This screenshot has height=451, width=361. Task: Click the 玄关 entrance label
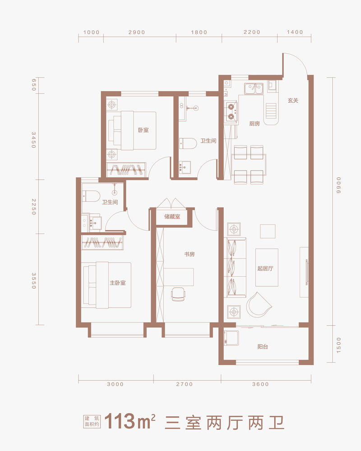(293, 101)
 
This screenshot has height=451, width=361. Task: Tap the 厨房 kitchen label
(255, 124)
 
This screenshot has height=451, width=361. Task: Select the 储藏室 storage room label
(172, 216)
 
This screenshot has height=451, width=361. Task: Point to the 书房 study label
(190, 254)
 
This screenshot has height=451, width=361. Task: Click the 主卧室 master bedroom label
(117, 283)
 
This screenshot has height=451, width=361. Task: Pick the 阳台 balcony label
(263, 346)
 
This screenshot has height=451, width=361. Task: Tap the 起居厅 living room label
(265, 268)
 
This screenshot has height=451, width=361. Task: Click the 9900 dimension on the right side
(338, 185)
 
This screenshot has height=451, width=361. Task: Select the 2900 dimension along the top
(137, 32)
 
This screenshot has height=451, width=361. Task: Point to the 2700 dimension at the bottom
(185, 384)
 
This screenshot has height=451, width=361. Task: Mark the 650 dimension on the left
(34, 85)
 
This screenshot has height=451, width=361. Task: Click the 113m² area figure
(130, 422)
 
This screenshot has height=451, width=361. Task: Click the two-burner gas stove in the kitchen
(231, 112)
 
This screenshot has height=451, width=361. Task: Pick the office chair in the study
(178, 294)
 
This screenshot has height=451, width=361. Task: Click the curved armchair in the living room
(258, 305)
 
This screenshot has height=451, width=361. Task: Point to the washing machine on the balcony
(231, 338)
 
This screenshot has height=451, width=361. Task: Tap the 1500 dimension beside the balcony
(338, 345)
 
